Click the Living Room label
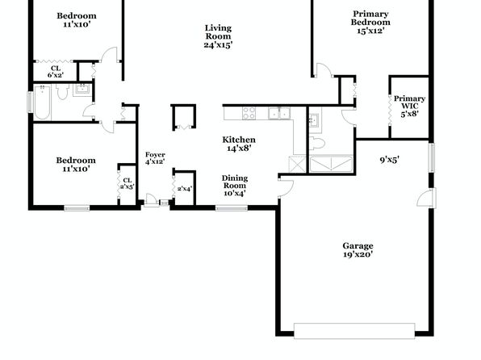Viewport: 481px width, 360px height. pyautogui.click(x=218, y=36)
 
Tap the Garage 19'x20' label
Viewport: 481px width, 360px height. pyautogui.click(x=358, y=250)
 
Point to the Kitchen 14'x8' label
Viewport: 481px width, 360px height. pyautogui.click(x=239, y=144)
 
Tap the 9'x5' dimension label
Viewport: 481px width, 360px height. pyautogui.click(x=389, y=160)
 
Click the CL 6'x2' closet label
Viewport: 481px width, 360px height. pyautogui.click(x=56, y=72)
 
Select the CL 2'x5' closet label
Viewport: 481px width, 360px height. pyautogui.click(x=127, y=183)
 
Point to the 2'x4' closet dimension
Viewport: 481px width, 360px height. pyautogui.click(x=185, y=188)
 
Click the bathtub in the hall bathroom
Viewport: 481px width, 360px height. pyautogui.click(x=42, y=103)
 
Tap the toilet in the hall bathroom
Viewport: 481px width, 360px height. pyautogui.click(x=63, y=91)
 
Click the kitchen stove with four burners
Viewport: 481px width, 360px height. pyautogui.click(x=249, y=113)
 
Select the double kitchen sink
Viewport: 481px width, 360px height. pyautogui.click(x=279, y=113)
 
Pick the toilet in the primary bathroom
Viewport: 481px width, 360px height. pyautogui.click(x=317, y=143)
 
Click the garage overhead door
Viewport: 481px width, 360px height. pyautogui.click(x=354, y=331)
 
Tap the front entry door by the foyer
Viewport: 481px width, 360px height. pyautogui.click(x=151, y=200)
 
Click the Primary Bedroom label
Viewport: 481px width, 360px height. pyautogui.click(x=370, y=22)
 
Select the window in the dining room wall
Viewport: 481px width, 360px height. pyautogui.click(x=232, y=208)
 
